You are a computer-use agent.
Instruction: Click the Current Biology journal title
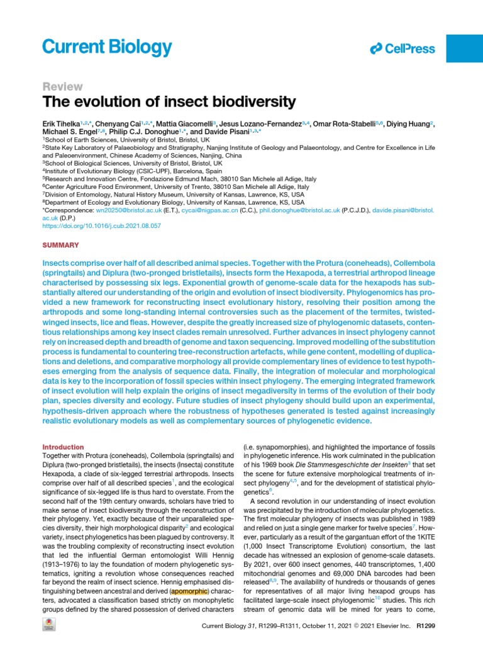click(x=107, y=47)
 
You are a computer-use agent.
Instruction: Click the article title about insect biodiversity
click(x=169, y=102)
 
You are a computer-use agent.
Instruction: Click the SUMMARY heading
click(x=60, y=244)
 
